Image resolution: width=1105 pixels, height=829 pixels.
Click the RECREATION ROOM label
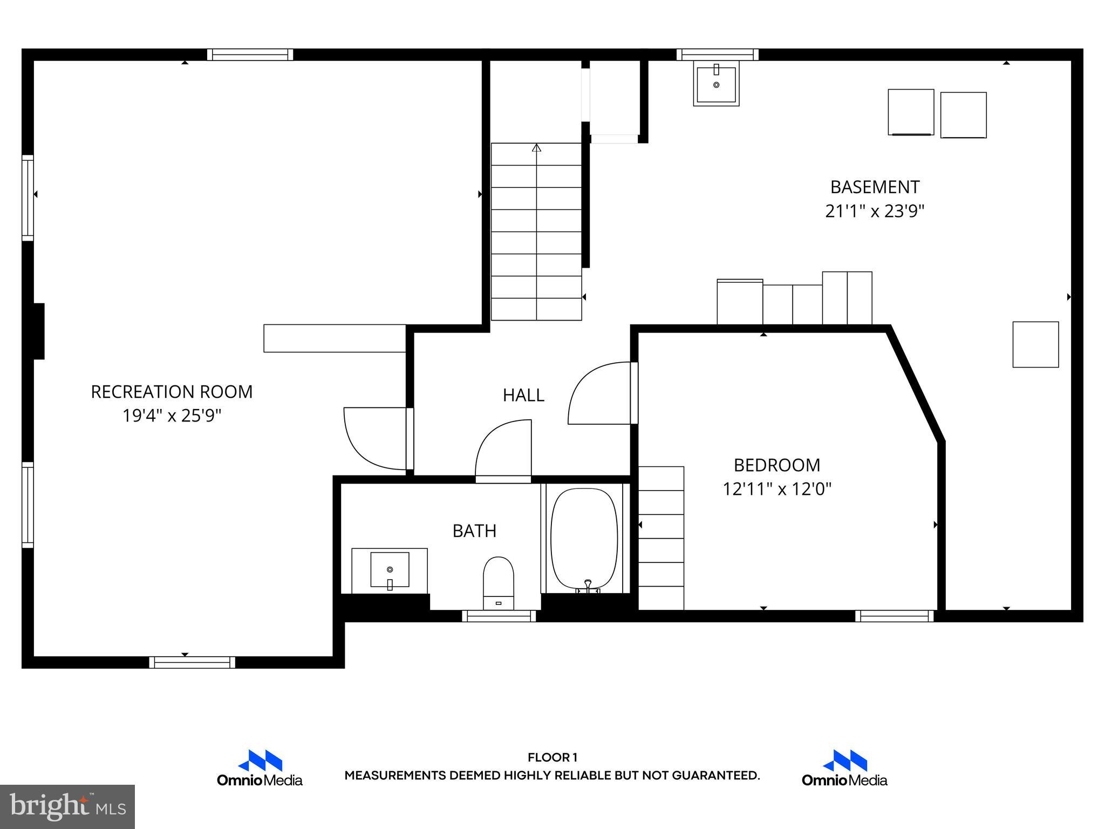click(x=172, y=392)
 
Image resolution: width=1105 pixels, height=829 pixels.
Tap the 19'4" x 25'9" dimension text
click(x=172, y=416)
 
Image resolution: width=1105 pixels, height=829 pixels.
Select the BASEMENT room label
click(x=875, y=187)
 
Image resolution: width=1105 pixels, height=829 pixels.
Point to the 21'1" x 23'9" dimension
click(x=875, y=211)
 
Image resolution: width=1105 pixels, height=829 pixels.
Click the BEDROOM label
click(x=776, y=465)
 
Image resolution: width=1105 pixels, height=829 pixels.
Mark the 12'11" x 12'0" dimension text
click(x=776, y=489)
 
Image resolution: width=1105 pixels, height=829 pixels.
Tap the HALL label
click(x=523, y=395)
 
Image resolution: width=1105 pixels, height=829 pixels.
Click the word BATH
click(x=474, y=531)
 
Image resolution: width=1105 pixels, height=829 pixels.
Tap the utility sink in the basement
click(x=716, y=84)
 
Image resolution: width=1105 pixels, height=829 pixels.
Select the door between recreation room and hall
click(x=376, y=438)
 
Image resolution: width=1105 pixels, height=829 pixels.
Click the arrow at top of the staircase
click(x=536, y=147)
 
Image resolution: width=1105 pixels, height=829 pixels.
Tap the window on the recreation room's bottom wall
click(x=192, y=662)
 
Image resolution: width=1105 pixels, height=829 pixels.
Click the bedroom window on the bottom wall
click(x=894, y=616)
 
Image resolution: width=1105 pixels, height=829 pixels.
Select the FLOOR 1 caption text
click(x=552, y=757)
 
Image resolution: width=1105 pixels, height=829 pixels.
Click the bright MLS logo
click(x=67, y=806)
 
